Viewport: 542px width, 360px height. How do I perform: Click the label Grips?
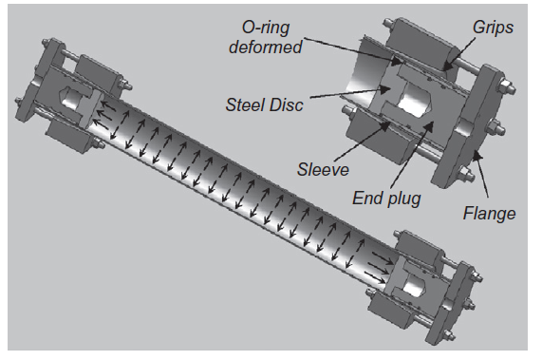point(493,28)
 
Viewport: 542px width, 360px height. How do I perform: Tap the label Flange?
point(489,213)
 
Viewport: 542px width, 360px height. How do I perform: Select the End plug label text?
point(386,199)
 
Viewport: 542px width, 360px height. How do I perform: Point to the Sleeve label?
point(323,169)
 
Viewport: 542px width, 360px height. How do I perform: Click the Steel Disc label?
point(265,104)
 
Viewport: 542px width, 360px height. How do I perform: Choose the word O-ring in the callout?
point(266,28)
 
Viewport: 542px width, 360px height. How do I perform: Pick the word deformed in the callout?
point(266,47)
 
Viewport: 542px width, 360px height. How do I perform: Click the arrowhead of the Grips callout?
point(446,66)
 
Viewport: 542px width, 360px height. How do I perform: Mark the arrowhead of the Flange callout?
point(476,155)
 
